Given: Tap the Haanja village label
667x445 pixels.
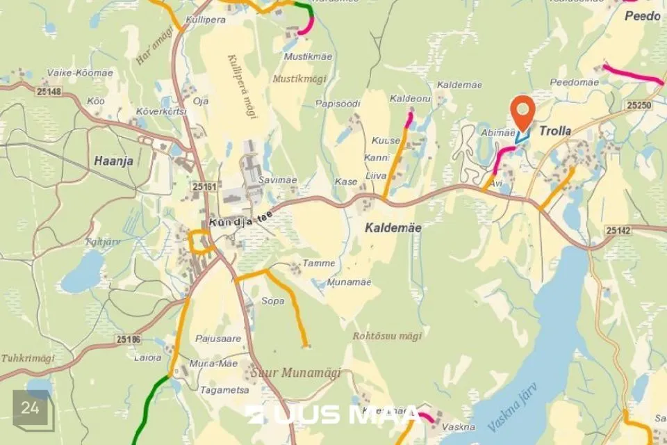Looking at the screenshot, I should pos(113,161).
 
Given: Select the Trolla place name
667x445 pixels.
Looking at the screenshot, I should pos(555,131).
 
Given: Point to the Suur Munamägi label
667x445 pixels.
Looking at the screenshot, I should pos(300,373).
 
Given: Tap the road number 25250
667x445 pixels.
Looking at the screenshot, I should pos(639,105).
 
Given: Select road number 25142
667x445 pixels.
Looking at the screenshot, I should pos(618,230).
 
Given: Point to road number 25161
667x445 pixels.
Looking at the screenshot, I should pos(205,187).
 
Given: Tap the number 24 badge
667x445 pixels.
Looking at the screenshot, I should pos(30,408).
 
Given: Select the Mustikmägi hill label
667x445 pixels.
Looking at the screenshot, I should pos(295,79).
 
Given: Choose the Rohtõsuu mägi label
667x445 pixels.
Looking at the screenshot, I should pos(387,336).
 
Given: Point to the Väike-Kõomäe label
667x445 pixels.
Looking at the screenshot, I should pos(70,72).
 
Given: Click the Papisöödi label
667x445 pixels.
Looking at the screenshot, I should pos(338,104).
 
